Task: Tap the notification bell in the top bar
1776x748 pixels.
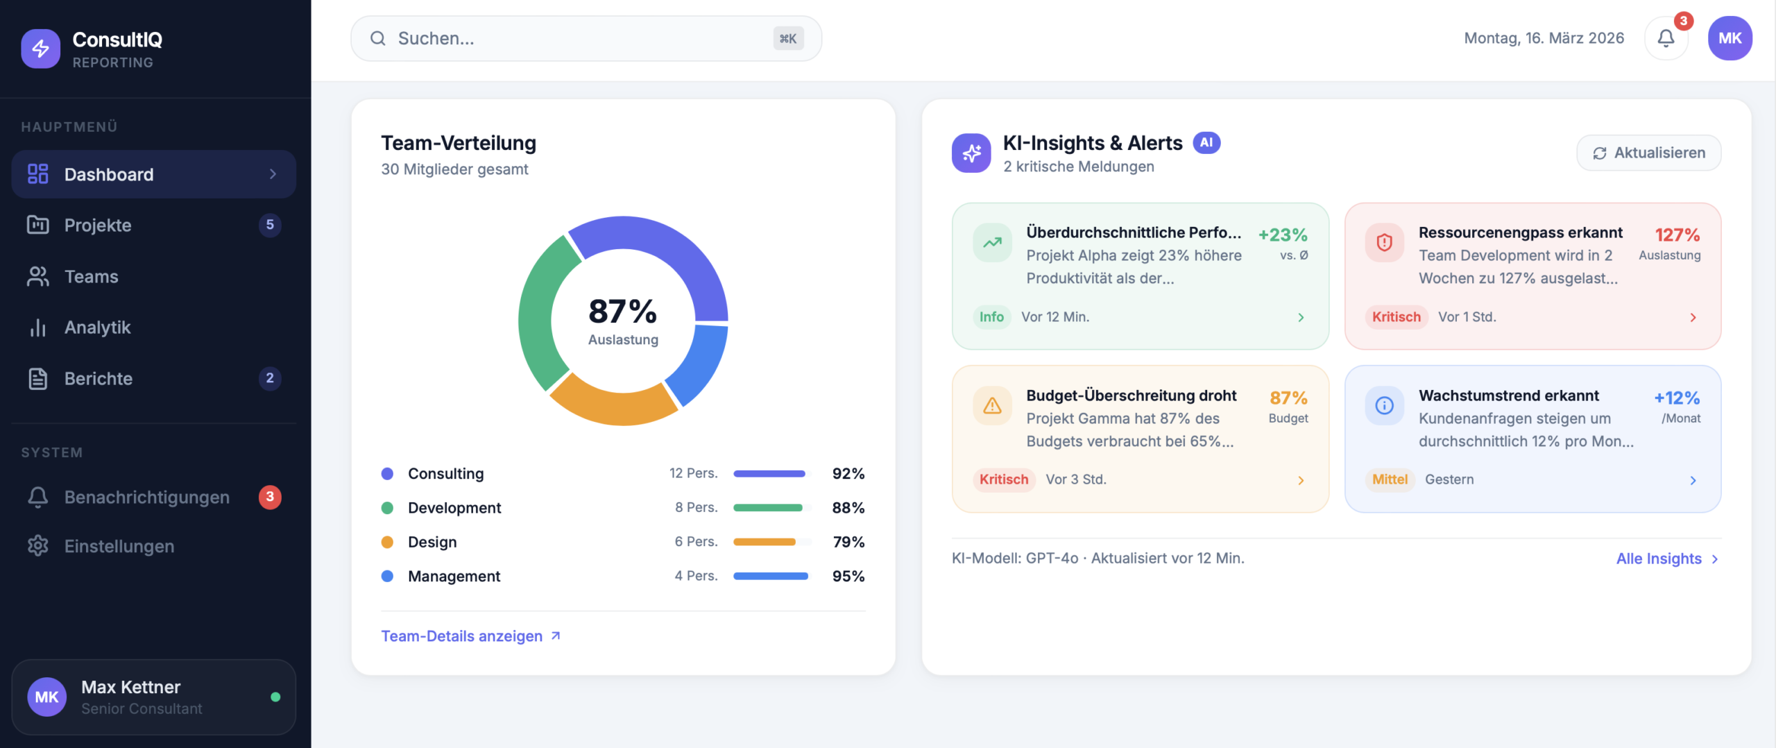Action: coord(1666,39)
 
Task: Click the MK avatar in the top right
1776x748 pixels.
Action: coord(1730,39)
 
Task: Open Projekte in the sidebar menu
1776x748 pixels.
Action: coord(98,226)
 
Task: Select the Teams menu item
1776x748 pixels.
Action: coord(92,277)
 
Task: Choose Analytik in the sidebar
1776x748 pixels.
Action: coord(98,328)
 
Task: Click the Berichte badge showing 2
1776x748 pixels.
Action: coord(270,378)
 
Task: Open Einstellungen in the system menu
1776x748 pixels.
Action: coord(119,546)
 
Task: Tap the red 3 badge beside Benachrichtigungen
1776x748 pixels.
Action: coord(270,497)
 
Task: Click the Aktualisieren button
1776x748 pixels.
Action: coord(1648,153)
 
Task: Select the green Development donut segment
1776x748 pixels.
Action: coord(538,312)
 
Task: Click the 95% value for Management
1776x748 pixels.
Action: coord(848,576)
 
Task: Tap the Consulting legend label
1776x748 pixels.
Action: coord(445,474)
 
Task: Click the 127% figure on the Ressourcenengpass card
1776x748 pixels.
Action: coord(1677,235)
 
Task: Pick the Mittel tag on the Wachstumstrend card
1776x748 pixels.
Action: coord(1390,479)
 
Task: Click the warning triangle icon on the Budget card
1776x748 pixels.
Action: coord(992,406)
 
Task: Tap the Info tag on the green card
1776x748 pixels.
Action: coord(991,317)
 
